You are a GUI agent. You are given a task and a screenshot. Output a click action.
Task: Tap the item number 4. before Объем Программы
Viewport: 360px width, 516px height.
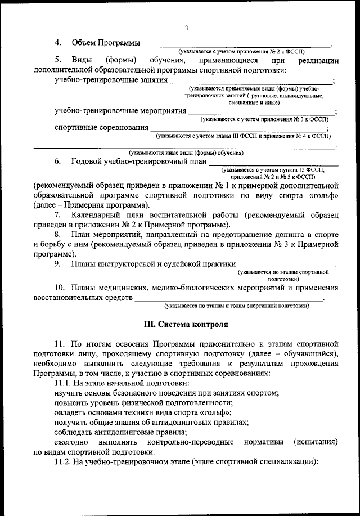[x=58, y=43]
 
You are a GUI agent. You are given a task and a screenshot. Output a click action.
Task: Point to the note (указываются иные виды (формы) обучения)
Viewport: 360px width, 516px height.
[x=186, y=152]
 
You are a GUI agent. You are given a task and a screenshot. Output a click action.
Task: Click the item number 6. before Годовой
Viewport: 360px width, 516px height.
[x=58, y=161]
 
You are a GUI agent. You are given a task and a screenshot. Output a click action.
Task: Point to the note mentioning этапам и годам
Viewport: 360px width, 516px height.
[x=236, y=306]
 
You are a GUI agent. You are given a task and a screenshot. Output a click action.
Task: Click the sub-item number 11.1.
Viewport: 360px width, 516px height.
[x=63, y=383]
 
